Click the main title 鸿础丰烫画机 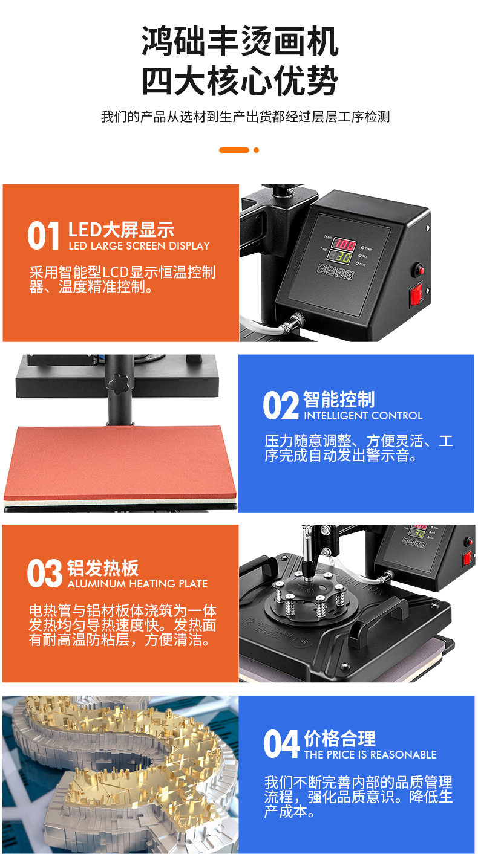(x=240, y=41)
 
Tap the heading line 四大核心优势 (x=240, y=80)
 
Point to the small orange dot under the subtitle (x=256, y=150)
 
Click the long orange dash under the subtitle (x=234, y=150)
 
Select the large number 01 (x=43, y=236)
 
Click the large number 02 (x=281, y=406)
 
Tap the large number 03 (x=44, y=574)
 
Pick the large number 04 (x=281, y=744)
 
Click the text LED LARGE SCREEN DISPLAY (x=139, y=246)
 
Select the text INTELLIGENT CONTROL (x=363, y=416)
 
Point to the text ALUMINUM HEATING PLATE (x=137, y=584)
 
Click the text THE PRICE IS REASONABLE (x=370, y=754)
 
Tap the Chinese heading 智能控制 (x=339, y=400)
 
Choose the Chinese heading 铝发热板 (x=103, y=568)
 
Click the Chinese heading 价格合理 (x=340, y=739)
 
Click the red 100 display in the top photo (x=344, y=244)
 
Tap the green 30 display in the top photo (x=339, y=257)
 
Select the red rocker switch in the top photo (x=416, y=294)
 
